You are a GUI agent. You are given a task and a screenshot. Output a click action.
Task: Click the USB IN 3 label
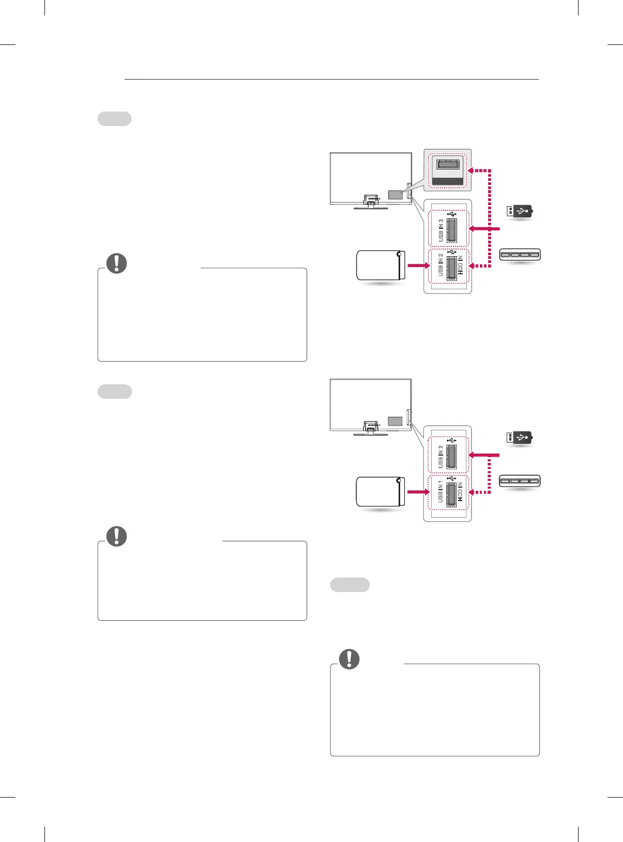pos(440,230)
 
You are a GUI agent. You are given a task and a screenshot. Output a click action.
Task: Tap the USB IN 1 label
pos(440,491)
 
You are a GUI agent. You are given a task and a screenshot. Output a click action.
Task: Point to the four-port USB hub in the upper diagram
pos(520,254)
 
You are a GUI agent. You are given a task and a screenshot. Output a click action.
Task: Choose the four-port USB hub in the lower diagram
pos(520,481)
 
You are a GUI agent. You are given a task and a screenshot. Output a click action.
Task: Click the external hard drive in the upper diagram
pos(380,265)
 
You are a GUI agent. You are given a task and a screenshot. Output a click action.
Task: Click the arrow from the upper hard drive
pos(418,266)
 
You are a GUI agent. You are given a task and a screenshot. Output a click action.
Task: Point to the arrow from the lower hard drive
pos(418,492)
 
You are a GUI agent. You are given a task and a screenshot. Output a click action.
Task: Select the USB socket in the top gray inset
pos(448,165)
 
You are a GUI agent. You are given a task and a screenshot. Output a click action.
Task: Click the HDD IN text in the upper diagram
pos(460,264)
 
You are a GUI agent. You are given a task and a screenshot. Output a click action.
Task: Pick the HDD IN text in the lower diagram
pos(460,491)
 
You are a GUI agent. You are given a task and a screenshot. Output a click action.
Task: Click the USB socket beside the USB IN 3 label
pos(451,230)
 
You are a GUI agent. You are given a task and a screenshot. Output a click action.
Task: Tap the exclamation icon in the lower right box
pos(350,659)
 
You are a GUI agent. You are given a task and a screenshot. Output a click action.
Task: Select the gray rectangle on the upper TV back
pos(395,195)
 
